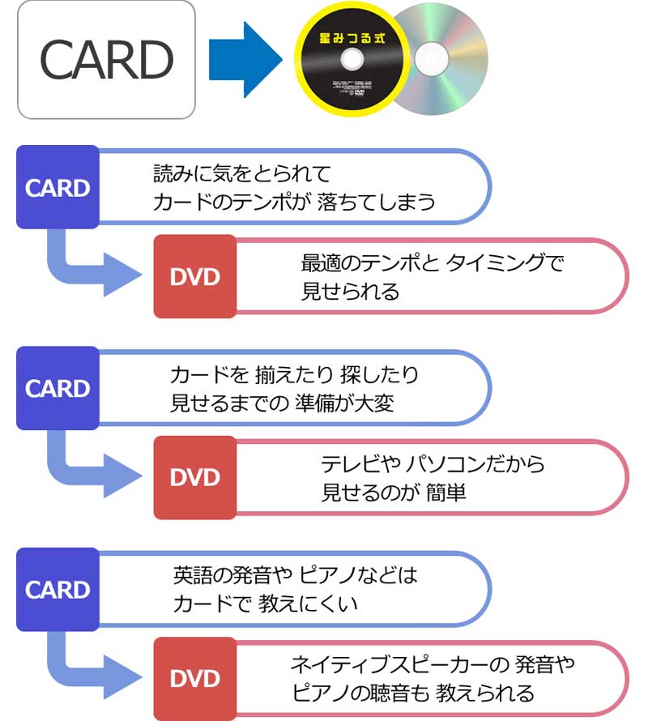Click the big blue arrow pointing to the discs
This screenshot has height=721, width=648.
[x=242, y=59]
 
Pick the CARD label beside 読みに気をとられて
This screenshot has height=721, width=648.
[x=58, y=188]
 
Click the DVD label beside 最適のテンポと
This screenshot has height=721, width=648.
[x=195, y=276]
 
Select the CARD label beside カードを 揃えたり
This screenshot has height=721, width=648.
[x=58, y=389]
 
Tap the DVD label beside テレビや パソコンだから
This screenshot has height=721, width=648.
[x=195, y=477]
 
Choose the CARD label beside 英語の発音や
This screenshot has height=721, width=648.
[x=58, y=590]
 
